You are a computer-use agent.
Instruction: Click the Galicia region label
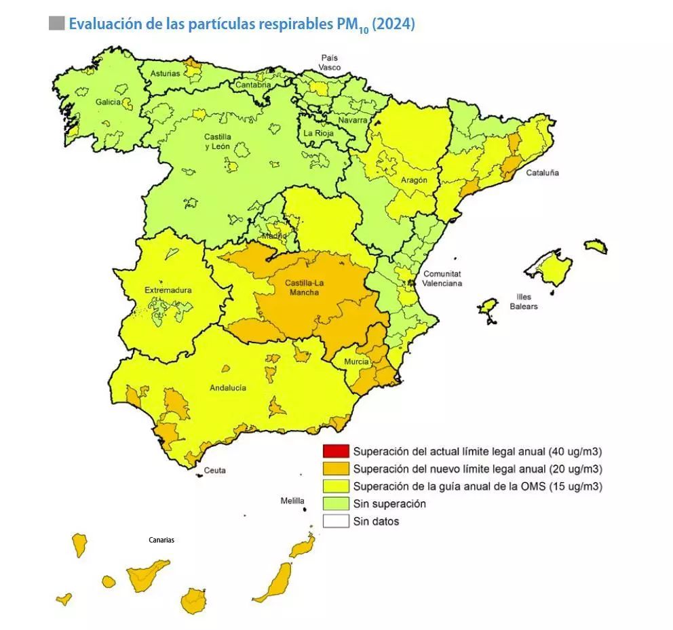pos(108,102)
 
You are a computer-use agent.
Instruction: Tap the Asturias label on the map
pos(166,73)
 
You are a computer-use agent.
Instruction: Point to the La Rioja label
pos(318,134)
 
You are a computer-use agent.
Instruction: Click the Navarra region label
pos(352,120)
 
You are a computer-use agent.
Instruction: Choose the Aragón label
pos(414,180)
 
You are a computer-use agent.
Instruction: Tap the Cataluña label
pos(542,173)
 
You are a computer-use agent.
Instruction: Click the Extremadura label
pos(168,290)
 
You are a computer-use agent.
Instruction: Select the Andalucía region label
pos(227,388)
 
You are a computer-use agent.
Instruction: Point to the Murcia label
pos(356,362)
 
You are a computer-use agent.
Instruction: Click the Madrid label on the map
pos(275,235)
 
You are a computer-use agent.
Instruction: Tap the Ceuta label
pos(215,471)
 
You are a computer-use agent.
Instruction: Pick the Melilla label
pos(293,501)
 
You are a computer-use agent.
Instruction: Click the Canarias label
pos(161,540)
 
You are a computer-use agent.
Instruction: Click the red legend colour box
pos(335,452)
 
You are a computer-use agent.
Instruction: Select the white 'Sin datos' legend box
pos(335,521)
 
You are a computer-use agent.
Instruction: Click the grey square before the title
pos(57,24)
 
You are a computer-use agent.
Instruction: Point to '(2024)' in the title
pos(393,24)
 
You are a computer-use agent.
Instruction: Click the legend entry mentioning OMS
pos(478,486)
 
